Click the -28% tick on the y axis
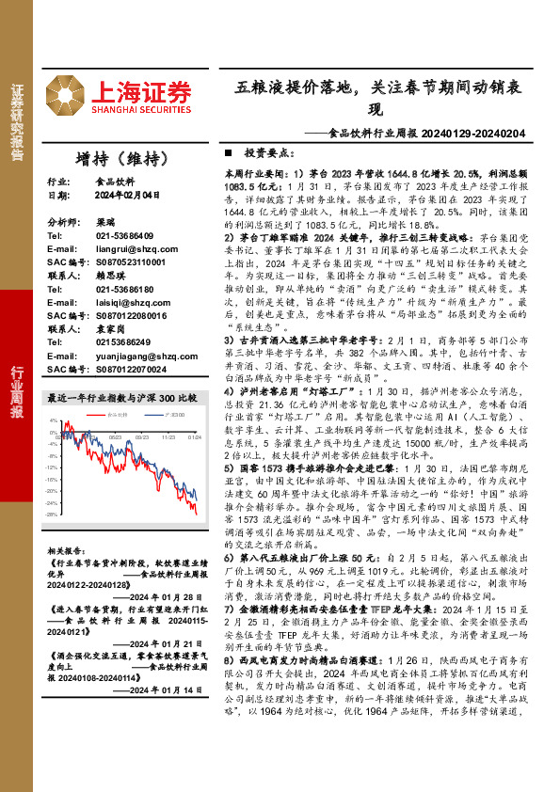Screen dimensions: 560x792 [x=53, y=542]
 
